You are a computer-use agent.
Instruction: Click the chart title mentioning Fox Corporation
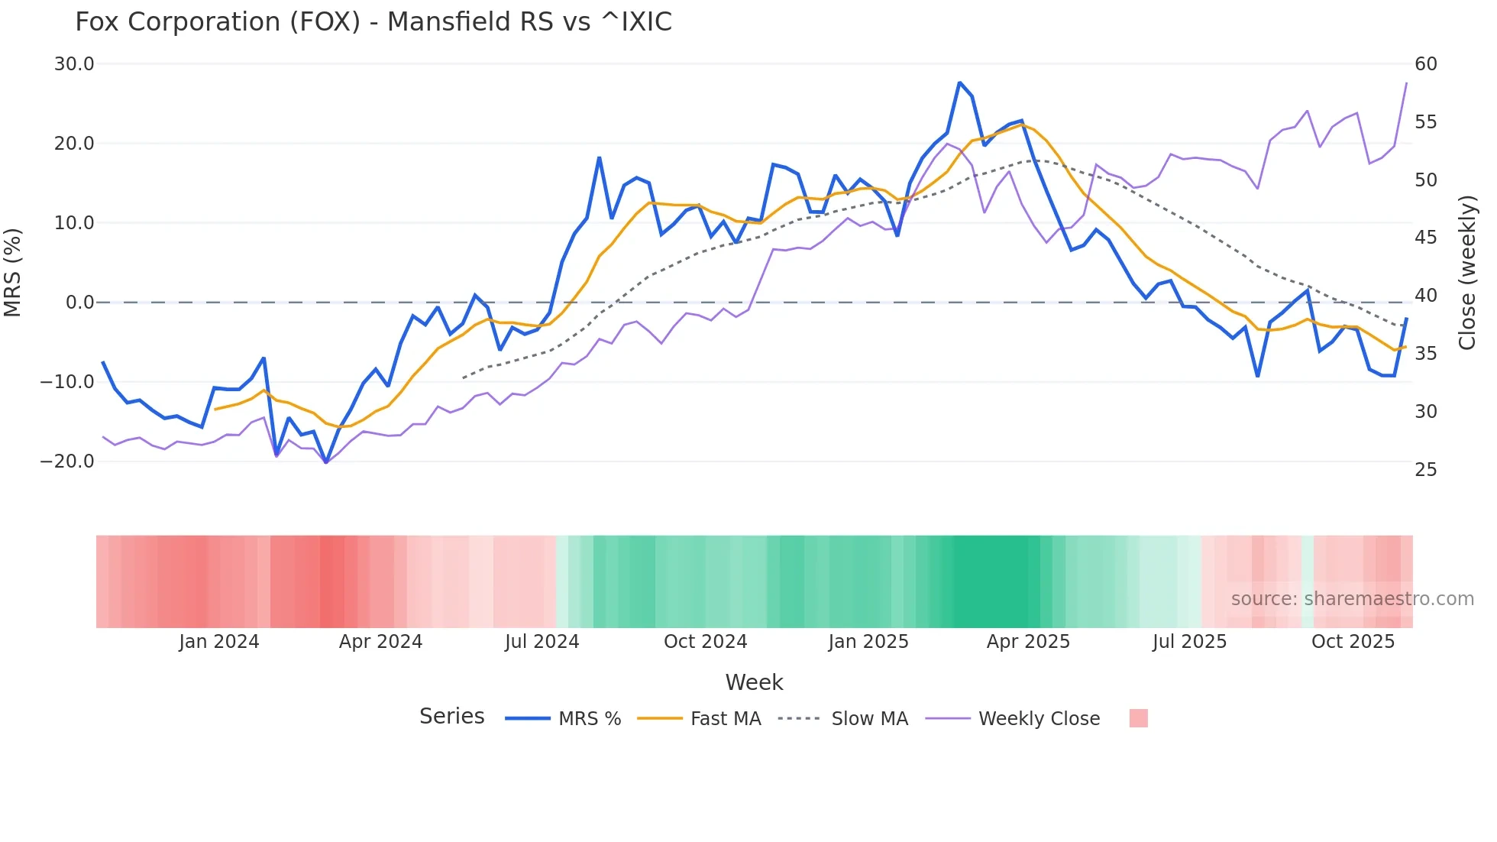coord(373,22)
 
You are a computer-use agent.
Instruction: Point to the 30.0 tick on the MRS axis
coord(74,64)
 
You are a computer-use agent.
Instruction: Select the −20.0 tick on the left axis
coord(67,461)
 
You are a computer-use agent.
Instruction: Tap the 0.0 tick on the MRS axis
coord(79,303)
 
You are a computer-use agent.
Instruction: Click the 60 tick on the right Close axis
coord(1426,64)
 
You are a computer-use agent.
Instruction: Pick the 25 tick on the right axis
coord(1426,470)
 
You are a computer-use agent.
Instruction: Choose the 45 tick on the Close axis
coord(1426,238)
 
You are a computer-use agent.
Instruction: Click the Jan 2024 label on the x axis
coord(219,642)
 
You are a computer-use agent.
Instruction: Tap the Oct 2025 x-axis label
coord(1353,642)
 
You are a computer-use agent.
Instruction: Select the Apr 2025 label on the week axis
coord(1028,642)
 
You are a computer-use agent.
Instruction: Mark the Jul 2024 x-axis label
coord(542,642)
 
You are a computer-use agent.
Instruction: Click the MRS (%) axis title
coord(13,273)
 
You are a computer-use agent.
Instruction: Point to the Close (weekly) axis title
coord(1467,273)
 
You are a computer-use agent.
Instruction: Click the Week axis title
coord(754,682)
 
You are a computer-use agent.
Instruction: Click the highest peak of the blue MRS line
coord(959,83)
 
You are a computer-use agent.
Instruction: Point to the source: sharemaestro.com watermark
coord(1352,599)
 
